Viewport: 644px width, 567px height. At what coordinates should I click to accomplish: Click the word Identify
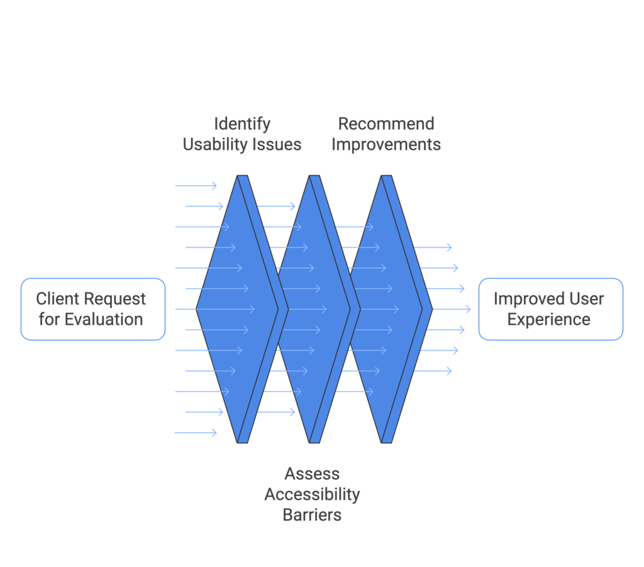242,123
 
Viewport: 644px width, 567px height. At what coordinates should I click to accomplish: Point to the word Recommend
386,123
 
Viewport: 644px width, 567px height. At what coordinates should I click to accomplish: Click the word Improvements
386,144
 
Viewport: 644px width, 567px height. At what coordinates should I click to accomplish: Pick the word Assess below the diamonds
312,473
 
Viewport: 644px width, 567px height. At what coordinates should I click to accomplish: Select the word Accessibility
312,494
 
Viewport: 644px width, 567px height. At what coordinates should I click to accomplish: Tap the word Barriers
312,515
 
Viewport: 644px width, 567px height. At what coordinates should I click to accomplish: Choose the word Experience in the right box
548,319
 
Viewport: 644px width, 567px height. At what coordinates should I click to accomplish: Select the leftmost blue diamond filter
236,309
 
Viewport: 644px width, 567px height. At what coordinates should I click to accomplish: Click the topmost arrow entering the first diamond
196,186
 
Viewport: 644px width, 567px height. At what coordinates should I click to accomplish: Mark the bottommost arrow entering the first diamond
196,432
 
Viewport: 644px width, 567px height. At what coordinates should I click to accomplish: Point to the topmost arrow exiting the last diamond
434,247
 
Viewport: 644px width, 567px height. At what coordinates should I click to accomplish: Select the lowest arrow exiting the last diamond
434,371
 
